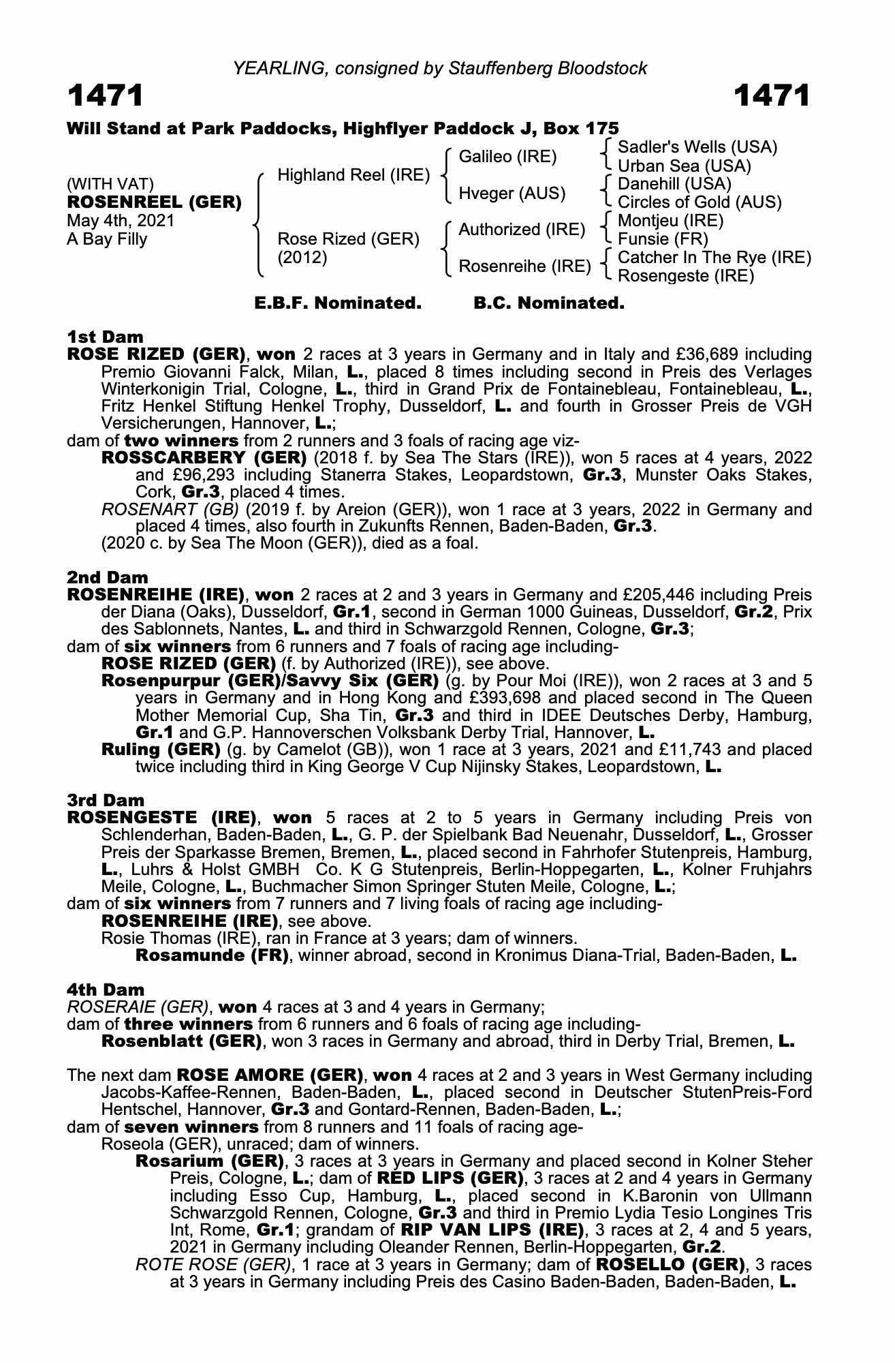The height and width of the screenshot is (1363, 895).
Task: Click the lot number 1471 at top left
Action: tap(106, 96)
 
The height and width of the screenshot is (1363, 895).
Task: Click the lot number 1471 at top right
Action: tap(772, 96)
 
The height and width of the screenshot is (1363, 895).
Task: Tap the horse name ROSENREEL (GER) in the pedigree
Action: tap(154, 202)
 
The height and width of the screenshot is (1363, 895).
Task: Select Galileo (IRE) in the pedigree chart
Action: tap(507, 157)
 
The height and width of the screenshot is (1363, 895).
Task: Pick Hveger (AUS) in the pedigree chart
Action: tap(512, 194)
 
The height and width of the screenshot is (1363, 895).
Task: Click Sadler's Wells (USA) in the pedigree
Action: tap(697, 147)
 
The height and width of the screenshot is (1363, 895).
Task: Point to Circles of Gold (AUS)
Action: tap(699, 202)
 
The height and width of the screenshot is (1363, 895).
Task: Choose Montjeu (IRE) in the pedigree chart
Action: tap(670, 221)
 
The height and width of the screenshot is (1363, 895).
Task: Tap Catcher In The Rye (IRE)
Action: tap(714, 258)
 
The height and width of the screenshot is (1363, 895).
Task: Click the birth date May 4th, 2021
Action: tap(121, 221)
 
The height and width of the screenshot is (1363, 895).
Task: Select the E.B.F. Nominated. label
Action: tap(338, 303)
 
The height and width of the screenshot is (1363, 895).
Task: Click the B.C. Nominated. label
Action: tap(549, 303)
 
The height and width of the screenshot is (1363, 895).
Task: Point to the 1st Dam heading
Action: tap(106, 337)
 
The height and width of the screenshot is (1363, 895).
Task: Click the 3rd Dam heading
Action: tap(106, 800)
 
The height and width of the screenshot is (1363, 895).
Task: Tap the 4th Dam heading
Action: tap(106, 989)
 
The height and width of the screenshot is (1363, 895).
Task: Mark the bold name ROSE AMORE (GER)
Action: tap(268, 1075)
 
